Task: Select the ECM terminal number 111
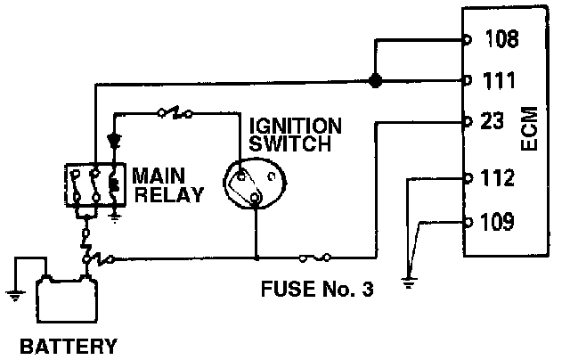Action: click(x=499, y=80)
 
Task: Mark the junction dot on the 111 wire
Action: click(x=376, y=81)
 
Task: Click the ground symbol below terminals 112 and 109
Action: click(x=408, y=283)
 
